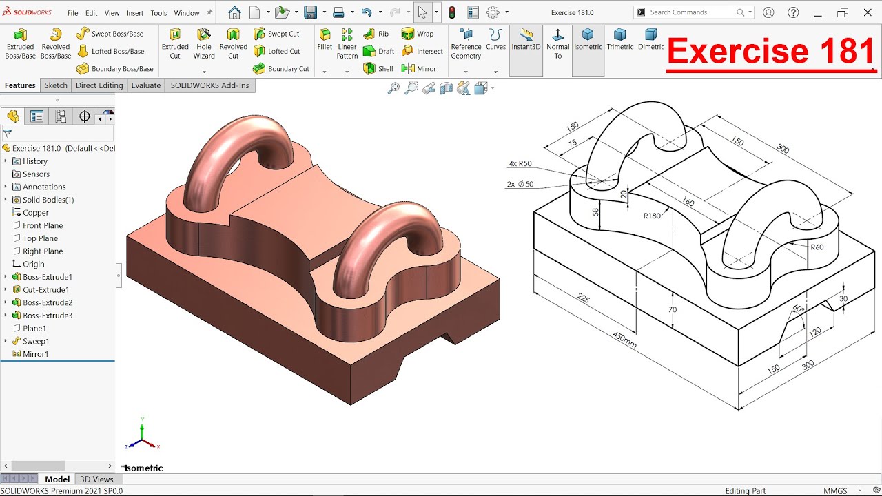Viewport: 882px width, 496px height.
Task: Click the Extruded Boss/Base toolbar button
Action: pyautogui.click(x=20, y=43)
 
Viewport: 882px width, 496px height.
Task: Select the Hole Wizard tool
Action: pyautogui.click(x=204, y=43)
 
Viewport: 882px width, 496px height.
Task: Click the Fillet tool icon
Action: pyautogui.click(x=325, y=39)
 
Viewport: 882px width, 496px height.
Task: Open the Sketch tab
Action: pyautogui.click(x=56, y=85)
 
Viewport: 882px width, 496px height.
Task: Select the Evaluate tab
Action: pyautogui.click(x=146, y=85)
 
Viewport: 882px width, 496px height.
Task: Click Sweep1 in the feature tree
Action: pyautogui.click(x=36, y=341)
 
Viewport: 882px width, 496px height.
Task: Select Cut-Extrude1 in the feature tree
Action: pyautogui.click(x=45, y=290)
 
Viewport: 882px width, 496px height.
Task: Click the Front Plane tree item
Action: pyautogui.click(x=42, y=225)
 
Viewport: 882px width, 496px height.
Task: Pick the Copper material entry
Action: pyautogui.click(x=35, y=213)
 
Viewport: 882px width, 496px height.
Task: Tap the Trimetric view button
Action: pyautogui.click(x=619, y=39)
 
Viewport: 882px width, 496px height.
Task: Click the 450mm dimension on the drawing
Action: pyautogui.click(x=624, y=340)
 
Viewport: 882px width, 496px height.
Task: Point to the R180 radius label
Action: pyautogui.click(x=652, y=216)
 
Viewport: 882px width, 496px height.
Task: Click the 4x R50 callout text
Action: pyautogui.click(x=520, y=164)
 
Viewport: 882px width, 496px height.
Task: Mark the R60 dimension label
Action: pyautogui.click(x=817, y=247)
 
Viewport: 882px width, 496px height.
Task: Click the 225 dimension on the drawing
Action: pyautogui.click(x=583, y=298)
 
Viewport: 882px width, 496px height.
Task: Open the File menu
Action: pyautogui.click(x=72, y=13)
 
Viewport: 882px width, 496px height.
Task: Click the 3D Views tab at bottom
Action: pyautogui.click(x=96, y=479)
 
